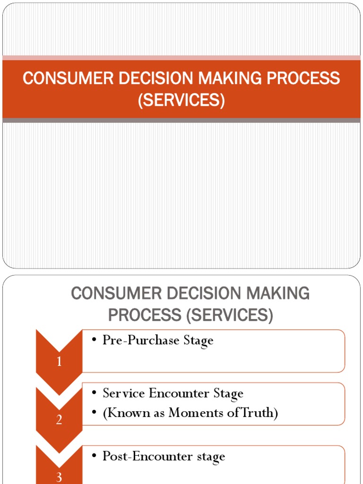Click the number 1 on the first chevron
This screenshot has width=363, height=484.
pos(59,363)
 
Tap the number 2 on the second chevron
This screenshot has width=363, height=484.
pos(59,419)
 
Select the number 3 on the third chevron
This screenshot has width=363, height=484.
pos(59,477)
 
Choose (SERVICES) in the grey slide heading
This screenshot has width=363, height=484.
pos(230,315)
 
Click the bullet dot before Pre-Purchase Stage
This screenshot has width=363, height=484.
pos(95,341)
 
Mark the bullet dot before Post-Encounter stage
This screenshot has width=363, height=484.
pos(95,457)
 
